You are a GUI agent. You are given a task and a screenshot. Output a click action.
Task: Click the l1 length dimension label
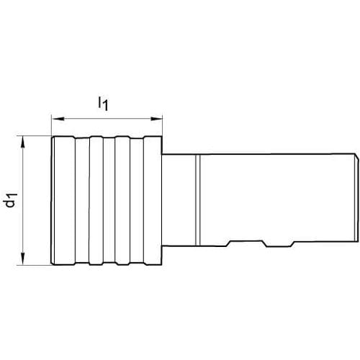coord(103,104)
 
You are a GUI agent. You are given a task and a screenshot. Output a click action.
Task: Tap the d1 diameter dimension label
coord(12,200)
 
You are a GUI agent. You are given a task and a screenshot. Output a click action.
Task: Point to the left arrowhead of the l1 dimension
coord(58,119)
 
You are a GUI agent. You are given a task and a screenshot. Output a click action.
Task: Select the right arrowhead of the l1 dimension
coord(156,119)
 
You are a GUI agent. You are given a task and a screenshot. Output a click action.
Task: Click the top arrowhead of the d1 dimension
coord(23,143)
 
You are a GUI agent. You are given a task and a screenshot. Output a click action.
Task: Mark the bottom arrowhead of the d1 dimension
coord(23,258)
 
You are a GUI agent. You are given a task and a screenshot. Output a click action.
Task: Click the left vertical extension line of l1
coord(52,125)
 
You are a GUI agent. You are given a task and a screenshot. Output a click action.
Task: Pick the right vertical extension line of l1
coord(163,125)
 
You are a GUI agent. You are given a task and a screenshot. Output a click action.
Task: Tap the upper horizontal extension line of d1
coord(34,136)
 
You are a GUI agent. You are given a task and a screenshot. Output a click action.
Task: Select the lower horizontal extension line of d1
coord(34,265)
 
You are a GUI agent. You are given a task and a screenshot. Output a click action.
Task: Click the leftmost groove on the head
coord(82,201)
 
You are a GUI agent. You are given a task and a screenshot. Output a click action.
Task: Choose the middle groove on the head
coord(109,201)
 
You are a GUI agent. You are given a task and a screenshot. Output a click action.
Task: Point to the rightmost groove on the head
coord(137,201)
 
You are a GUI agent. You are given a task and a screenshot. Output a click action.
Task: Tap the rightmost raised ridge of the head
coord(153,201)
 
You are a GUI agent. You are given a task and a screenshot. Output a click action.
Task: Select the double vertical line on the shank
coord(198,200)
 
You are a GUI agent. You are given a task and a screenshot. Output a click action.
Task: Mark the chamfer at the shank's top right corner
coord(356,156)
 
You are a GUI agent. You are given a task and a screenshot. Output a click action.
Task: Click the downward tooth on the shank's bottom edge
coord(279,244)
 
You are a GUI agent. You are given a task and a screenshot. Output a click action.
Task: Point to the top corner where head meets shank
coord(162,154)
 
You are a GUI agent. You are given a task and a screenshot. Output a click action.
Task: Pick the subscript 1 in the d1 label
coord(14,196)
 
